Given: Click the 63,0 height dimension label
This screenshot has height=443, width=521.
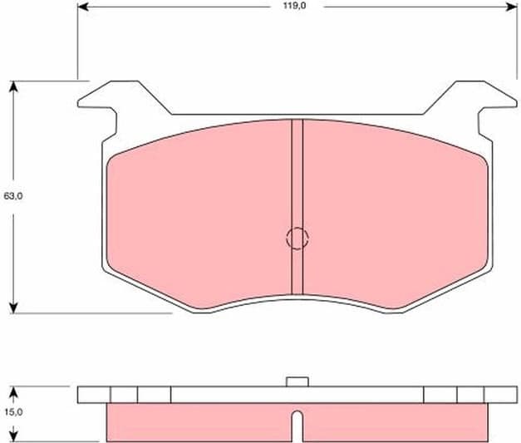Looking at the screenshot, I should (x=13, y=196).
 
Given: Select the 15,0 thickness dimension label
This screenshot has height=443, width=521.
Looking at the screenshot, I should (x=13, y=411).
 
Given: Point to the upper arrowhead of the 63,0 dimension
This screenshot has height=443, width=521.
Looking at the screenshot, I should (x=13, y=86).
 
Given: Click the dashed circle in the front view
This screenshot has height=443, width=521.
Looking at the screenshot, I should (x=297, y=239).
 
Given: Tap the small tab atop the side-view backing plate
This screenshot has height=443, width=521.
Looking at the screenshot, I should (x=296, y=381).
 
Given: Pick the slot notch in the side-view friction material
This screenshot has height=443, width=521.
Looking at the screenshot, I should (x=297, y=426).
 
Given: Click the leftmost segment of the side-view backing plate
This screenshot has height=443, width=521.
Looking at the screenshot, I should (x=94, y=395).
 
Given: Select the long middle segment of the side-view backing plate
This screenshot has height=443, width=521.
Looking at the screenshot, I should (x=297, y=395).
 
